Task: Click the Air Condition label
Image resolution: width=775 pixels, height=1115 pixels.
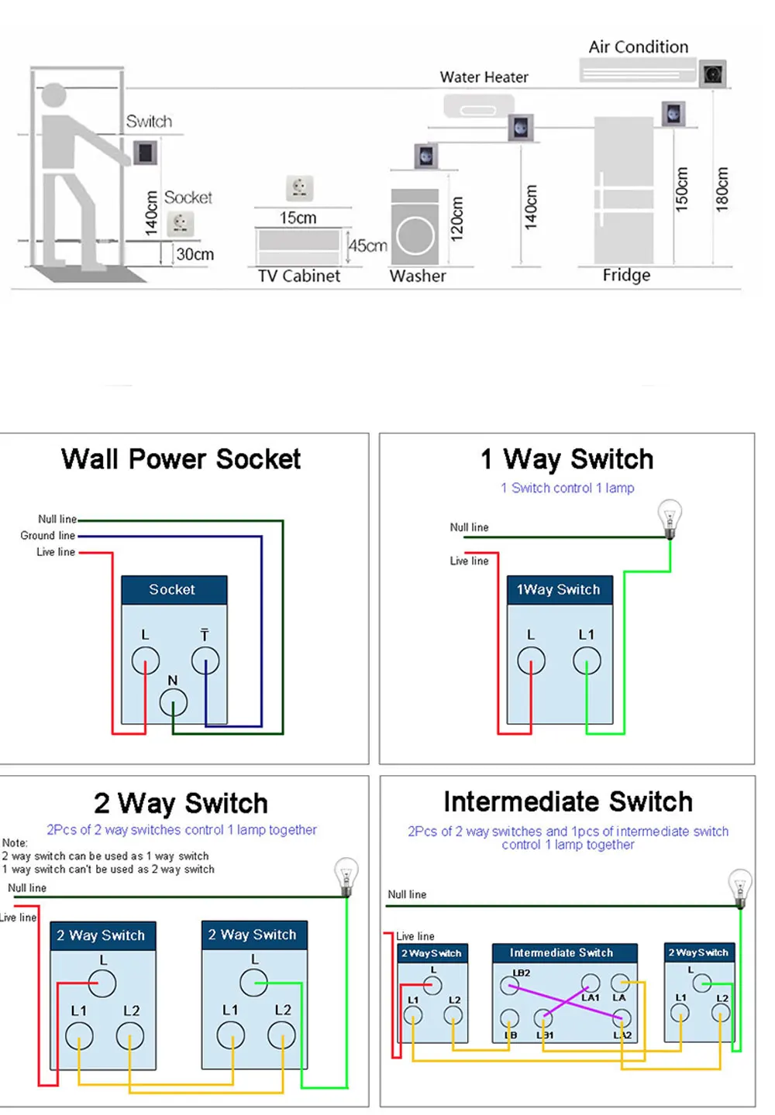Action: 638,46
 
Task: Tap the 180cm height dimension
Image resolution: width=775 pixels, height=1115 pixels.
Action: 722,189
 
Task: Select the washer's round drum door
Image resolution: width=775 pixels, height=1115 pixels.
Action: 415,235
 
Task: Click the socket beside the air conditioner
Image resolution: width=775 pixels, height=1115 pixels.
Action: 712,74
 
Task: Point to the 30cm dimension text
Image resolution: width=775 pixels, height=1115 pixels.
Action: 195,254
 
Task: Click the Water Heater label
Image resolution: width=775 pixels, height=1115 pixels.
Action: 484,77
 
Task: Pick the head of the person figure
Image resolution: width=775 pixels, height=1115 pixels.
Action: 53,95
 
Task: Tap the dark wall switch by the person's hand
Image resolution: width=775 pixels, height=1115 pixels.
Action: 145,153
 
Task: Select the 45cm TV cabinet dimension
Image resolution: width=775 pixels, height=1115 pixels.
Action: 367,245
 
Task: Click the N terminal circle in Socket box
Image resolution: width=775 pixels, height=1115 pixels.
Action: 173,702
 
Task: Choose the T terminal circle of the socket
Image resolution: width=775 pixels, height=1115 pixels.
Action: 205,660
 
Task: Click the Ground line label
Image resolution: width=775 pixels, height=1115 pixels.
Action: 48,535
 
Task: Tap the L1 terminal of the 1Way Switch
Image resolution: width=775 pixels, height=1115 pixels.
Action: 586,660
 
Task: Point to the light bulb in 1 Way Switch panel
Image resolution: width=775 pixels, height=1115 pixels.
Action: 670,518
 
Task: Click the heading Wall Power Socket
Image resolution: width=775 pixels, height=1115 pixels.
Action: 181,458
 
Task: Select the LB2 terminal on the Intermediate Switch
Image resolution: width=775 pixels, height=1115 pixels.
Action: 509,985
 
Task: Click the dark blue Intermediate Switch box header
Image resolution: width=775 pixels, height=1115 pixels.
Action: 564,952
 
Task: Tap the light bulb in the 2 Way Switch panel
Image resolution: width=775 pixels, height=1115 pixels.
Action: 346,877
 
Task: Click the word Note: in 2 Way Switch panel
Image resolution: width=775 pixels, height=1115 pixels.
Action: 15,842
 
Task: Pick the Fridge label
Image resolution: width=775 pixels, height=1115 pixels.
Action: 626,276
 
